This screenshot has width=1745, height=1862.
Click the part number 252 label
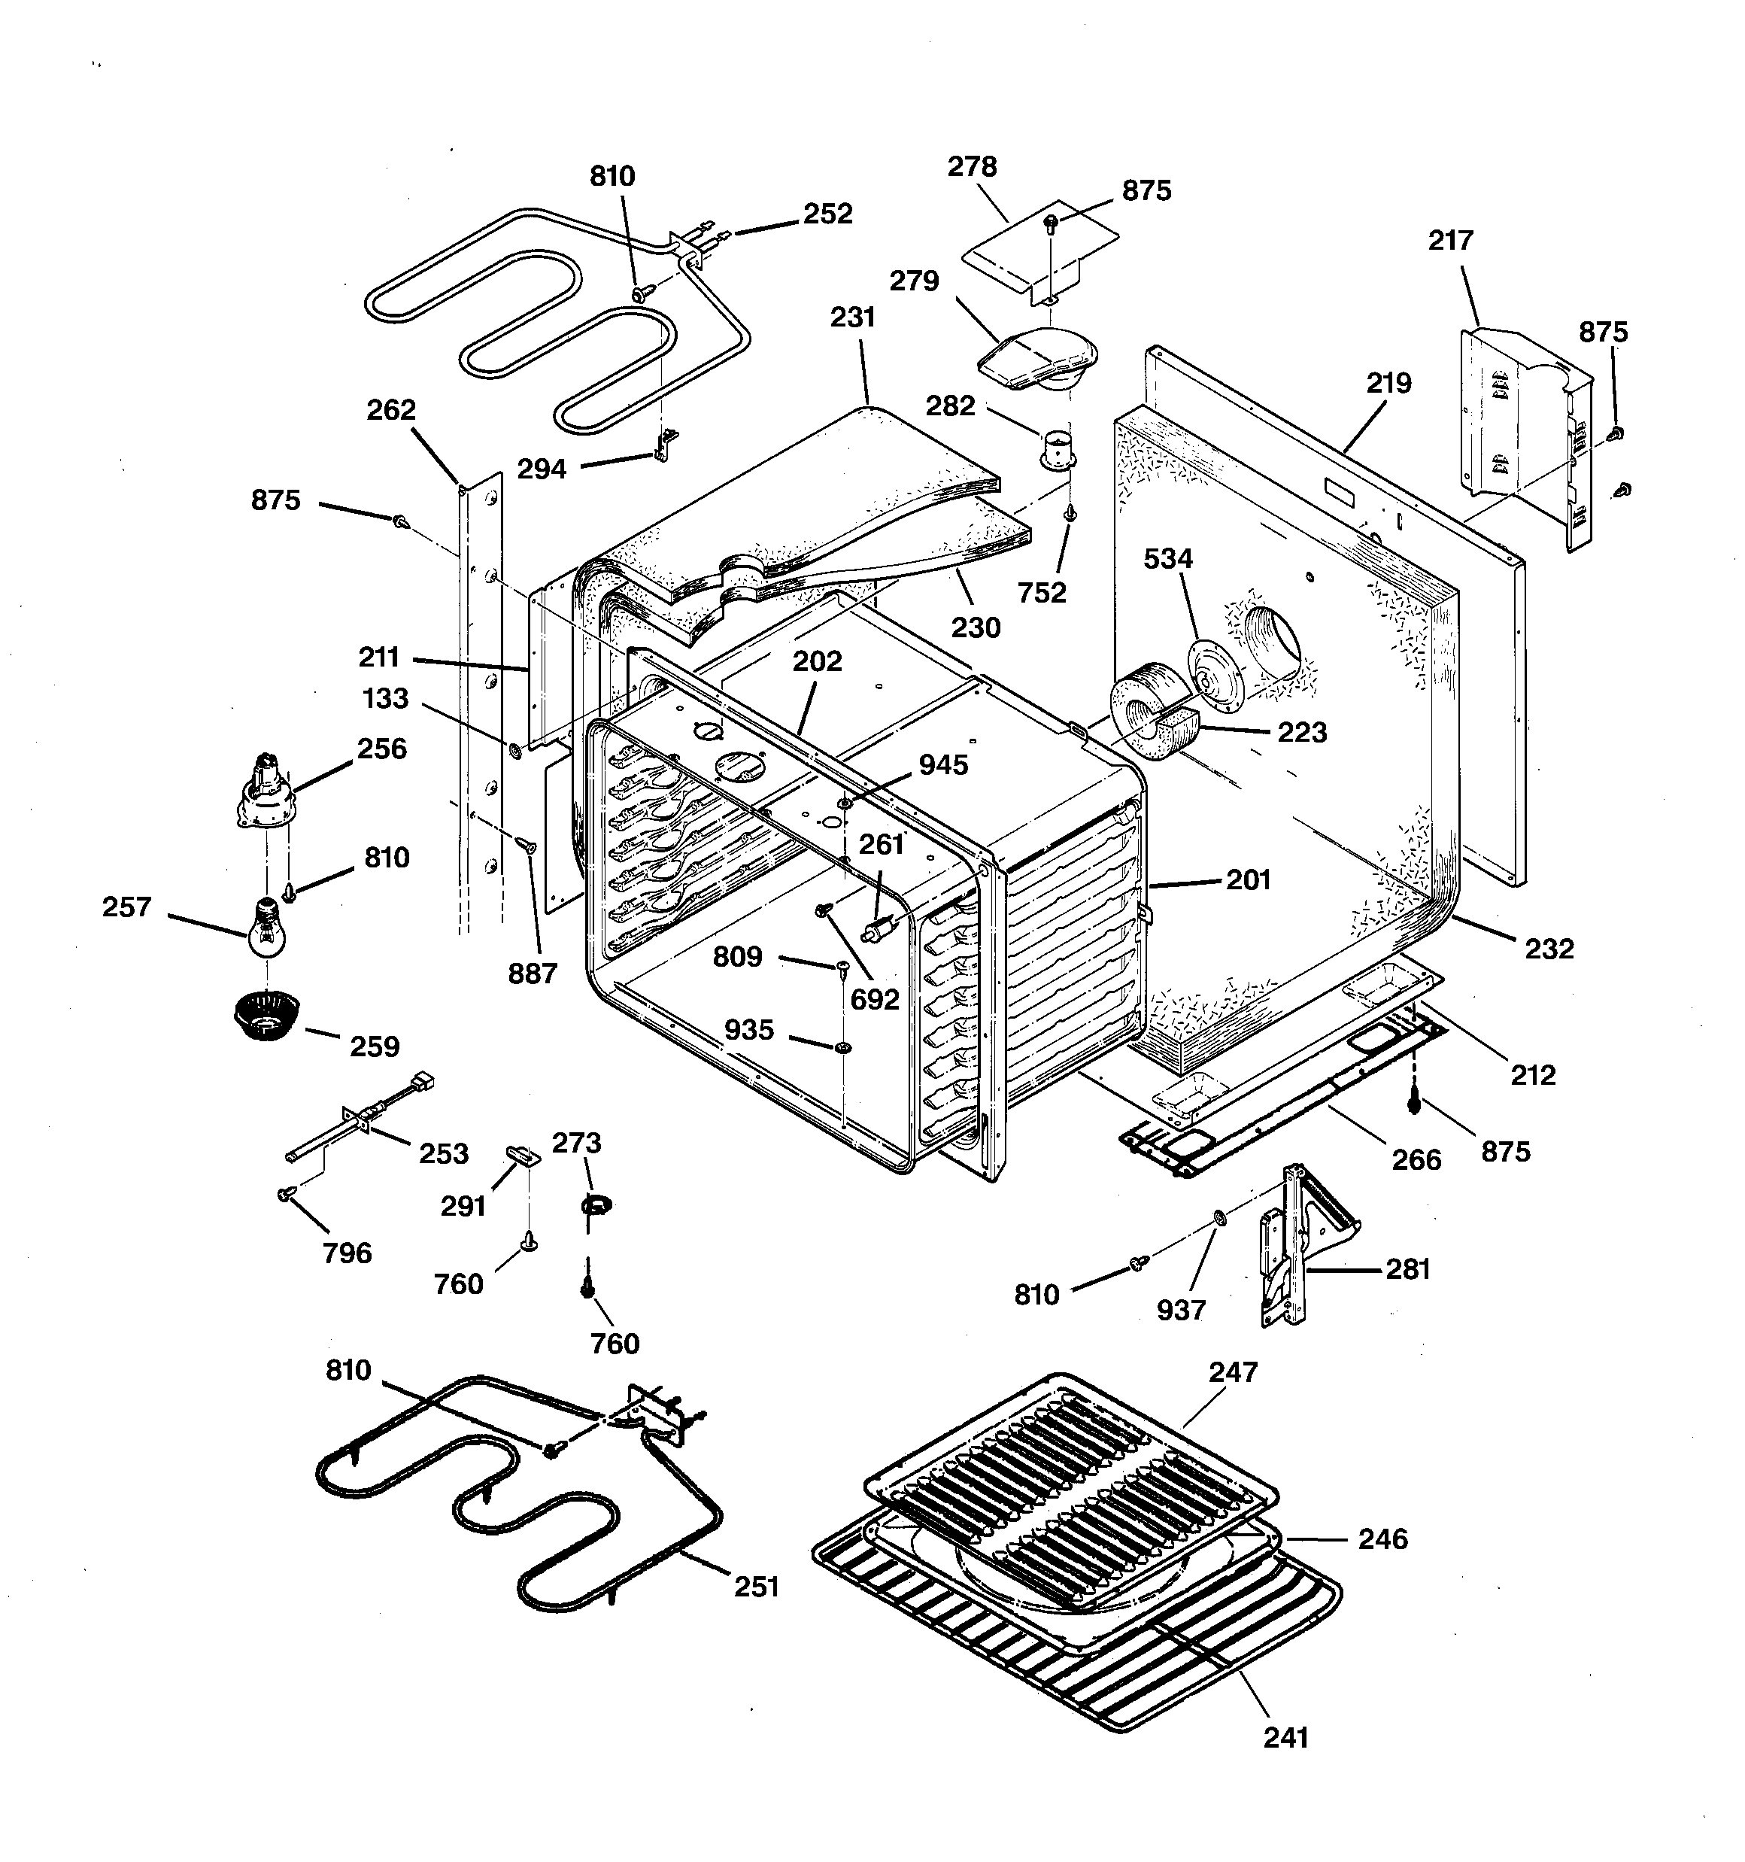[x=827, y=214]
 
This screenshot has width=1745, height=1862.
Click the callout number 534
[x=1168, y=559]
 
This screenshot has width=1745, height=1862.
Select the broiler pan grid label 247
[x=1233, y=1372]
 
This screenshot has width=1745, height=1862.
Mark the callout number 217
[x=1450, y=241]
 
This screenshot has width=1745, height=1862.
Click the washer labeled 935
[x=841, y=1045]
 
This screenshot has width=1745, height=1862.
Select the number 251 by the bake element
[x=756, y=1587]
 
